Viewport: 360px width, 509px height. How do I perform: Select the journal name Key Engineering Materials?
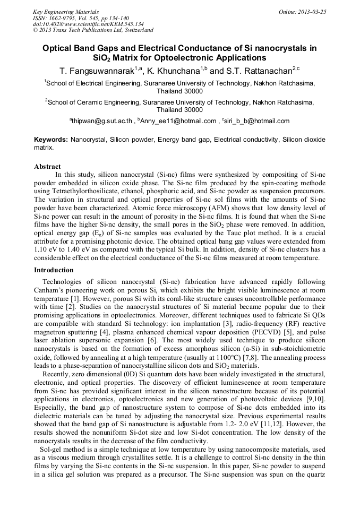[x=66, y=11]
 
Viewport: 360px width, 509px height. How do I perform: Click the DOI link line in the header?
[x=88, y=24]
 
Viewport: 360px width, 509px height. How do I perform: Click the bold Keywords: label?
[x=51, y=140]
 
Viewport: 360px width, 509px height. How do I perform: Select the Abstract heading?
[x=47, y=166]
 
